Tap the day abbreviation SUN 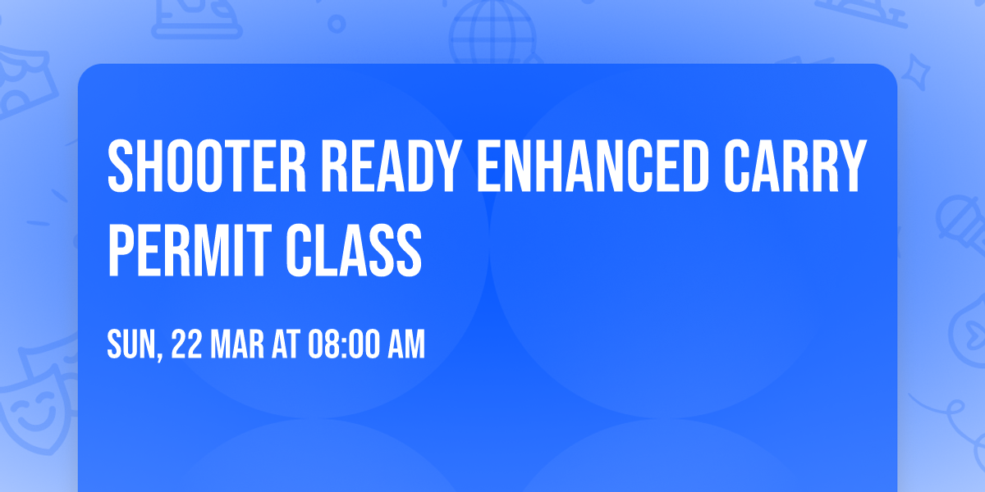tap(131, 345)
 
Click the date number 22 tap(187, 345)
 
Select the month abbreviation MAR tap(239, 345)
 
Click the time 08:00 tap(342, 345)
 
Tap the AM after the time tap(406, 345)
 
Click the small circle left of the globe tap(337, 25)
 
